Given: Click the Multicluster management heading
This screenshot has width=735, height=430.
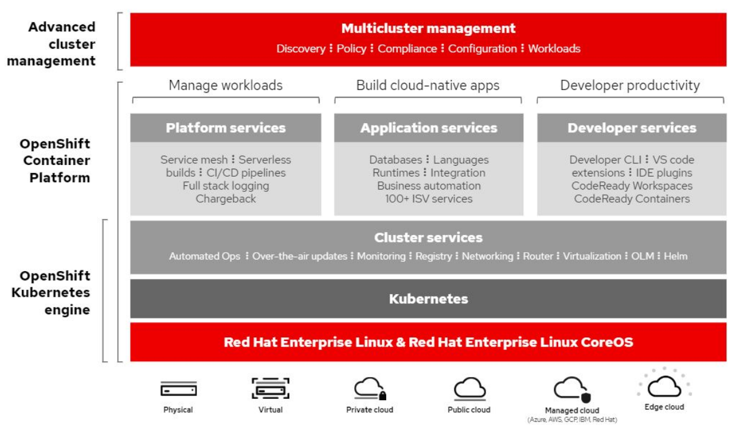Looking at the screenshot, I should (428, 28).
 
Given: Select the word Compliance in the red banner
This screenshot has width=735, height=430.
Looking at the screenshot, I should (407, 49).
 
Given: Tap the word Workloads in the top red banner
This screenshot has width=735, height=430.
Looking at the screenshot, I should (554, 49).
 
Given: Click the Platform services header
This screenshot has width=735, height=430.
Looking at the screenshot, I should (226, 128).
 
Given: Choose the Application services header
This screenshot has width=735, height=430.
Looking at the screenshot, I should (428, 128).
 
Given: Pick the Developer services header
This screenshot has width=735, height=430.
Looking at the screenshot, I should (631, 128).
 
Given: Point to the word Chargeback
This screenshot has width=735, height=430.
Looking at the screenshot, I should (226, 199).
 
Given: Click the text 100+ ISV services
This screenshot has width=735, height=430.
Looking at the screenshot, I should (428, 199).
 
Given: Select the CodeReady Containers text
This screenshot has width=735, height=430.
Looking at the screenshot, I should (631, 199).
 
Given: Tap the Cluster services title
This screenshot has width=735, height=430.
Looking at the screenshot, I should (428, 238).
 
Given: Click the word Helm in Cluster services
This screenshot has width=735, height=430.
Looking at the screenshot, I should (675, 256).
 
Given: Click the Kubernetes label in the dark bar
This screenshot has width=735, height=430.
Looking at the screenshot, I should (428, 299).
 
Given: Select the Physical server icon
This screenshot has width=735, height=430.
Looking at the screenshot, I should (178, 389).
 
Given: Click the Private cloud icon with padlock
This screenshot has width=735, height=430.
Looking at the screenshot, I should (370, 389).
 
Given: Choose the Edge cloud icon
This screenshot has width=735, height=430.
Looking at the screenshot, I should (664, 385).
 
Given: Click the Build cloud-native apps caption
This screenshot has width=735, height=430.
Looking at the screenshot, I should (428, 85).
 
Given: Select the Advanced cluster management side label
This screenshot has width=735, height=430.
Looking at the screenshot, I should (62, 44).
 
